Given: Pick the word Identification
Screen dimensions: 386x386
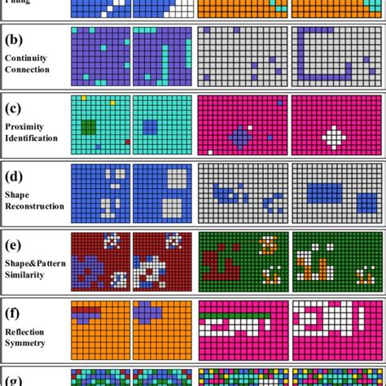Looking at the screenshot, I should pyautogui.click(x=31, y=138).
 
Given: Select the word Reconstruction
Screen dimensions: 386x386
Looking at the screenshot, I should pyautogui.click(x=33, y=206).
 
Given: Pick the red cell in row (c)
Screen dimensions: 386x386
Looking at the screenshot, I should pyautogui.click(x=127, y=142).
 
